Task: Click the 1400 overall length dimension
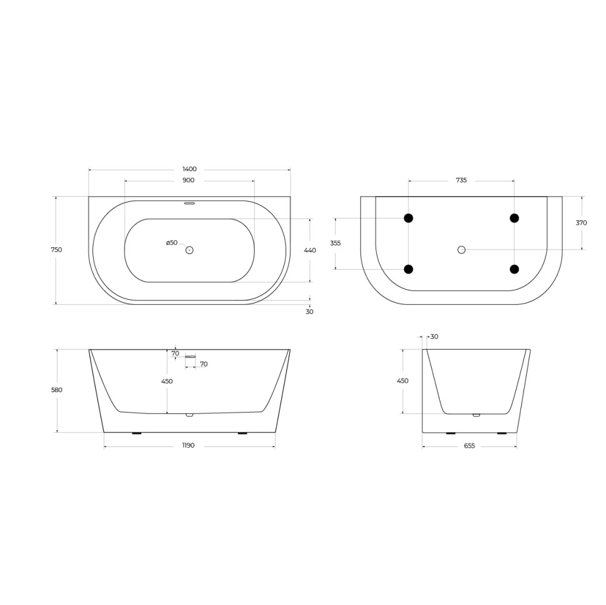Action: pyautogui.click(x=189, y=169)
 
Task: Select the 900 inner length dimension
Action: pyautogui.click(x=189, y=180)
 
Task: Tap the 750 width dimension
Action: pyautogui.click(x=56, y=250)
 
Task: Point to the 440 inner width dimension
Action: pyautogui.click(x=310, y=250)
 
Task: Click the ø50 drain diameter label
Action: pyautogui.click(x=172, y=243)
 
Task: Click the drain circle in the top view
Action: pyautogui.click(x=190, y=250)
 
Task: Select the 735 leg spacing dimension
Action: pyautogui.click(x=461, y=180)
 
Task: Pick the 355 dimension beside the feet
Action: pyautogui.click(x=335, y=243)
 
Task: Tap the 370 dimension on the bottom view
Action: pyautogui.click(x=582, y=223)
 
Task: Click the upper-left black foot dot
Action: pyautogui.click(x=409, y=218)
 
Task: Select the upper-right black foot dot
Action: pyautogui.click(x=514, y=218)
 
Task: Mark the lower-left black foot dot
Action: pyautogui.click(x=409, y=269)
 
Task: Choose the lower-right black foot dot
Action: pyautogui.click(x=514, y=269)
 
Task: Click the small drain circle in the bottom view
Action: pyautogui.click(x=462, y=250)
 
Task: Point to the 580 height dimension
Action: pyautogui.click(x=57, y=390)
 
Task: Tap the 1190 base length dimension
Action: pyautogui.click(x=189, y=446)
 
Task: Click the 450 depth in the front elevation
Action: pyautogui.click(x=167, y=381)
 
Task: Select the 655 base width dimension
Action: pyautogui.click(x=469, y=446)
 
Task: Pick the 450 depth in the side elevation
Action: pyautogui.click(x=403, y=381)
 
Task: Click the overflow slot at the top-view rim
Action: pyautogui.click(x=190, y=202)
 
